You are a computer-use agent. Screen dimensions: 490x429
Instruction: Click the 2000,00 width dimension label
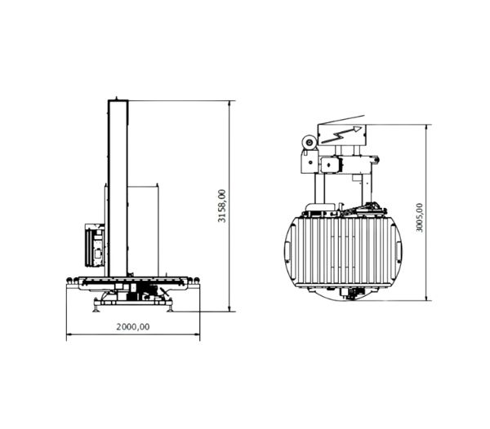click(x=133, y=327)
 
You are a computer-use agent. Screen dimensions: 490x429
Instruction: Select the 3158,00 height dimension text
click(x=221, y=206)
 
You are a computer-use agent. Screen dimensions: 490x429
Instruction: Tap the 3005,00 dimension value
click(x=420, y=218)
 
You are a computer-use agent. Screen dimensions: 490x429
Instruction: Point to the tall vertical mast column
click(x=118, y=188)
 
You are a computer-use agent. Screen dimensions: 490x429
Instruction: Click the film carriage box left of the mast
click(x=95, y=245)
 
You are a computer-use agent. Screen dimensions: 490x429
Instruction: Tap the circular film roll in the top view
click(x=310, y=143)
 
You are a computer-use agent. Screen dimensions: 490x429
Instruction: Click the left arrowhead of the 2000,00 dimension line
click(x=69, y=334)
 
